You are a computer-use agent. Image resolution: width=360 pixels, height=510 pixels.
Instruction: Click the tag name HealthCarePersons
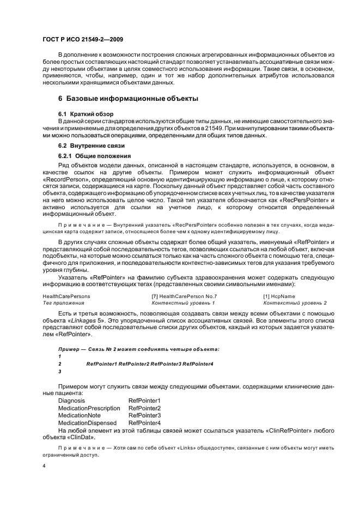[66, 296]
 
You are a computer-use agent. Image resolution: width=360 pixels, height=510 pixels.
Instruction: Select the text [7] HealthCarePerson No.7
[180, 296]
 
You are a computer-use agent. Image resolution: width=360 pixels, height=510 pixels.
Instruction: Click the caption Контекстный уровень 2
[295, 302]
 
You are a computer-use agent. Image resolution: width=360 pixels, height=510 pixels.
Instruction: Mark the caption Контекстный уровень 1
[183, 302]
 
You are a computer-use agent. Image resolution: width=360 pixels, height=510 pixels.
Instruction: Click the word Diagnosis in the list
[72, 400]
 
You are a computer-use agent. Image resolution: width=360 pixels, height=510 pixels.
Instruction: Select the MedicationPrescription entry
[89, 408]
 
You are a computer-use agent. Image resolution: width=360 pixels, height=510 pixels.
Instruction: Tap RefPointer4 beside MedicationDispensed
[144, 422]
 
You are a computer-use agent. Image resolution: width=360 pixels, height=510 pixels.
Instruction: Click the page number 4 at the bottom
[45, 467]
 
